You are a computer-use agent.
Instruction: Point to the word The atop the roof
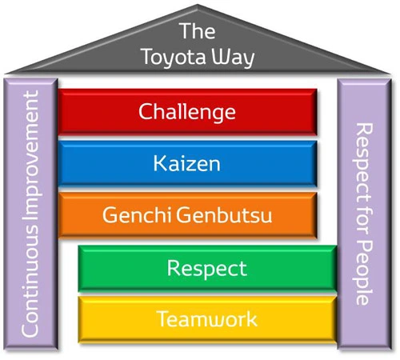(197, 31)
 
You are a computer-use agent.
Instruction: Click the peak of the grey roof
(198, 8)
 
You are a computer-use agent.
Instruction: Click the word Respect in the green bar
(206, 267)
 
